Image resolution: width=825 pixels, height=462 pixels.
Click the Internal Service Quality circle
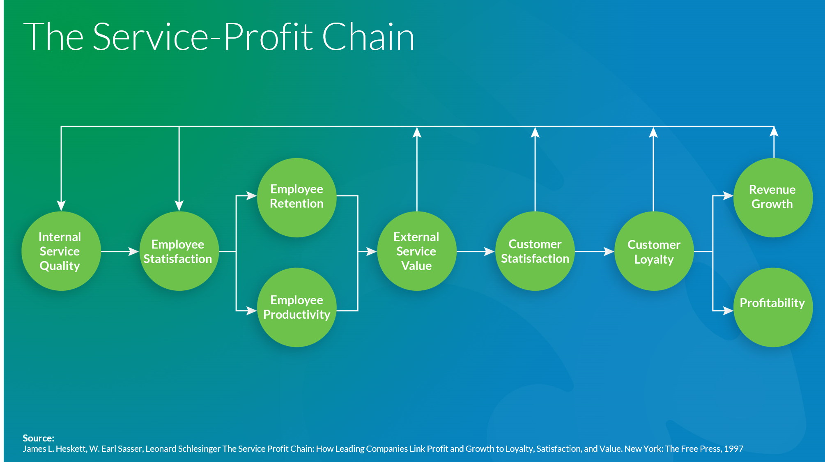click(x=61, y=251)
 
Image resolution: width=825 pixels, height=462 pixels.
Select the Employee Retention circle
click(x=296, y=197)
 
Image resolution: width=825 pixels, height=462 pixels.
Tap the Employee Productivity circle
click(x=296, y=307)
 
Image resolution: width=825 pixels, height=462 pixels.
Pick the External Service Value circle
click(x=416, y=251)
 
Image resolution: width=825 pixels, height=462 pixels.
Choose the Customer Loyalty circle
click(x=654, y=251)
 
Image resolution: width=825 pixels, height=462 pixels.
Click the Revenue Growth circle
click(x=772, y=197)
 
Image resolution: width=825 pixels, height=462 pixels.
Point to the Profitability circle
click(x=772, y=307)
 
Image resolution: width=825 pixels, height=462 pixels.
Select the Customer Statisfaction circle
click(x=535, y=251)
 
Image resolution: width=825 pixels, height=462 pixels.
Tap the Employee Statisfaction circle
click(x=178, y=251)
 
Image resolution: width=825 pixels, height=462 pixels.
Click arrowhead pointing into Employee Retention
click(x=252, y=196)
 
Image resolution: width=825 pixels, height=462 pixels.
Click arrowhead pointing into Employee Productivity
click(x=252, y=310)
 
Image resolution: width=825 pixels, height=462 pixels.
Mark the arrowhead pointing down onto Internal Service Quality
click(x=61, y=205)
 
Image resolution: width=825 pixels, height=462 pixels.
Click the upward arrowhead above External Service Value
click(x=417, y=132)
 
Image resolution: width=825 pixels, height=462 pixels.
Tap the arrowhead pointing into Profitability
click(x=728, y=310)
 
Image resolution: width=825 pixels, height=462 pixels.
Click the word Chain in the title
click(x=368, y=37)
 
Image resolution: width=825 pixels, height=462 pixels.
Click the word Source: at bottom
click(x=38, y=438)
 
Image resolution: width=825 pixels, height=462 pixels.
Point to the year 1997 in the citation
click(x=733, y=448)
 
